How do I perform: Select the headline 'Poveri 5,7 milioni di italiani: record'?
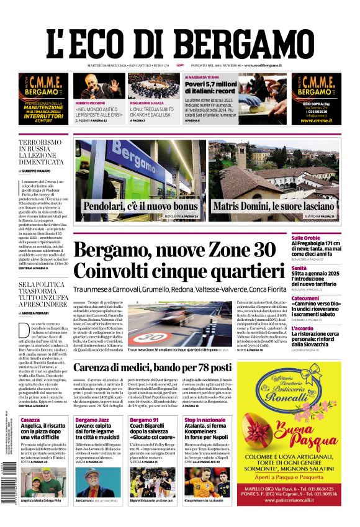211,88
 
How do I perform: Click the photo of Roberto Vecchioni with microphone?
100,86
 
